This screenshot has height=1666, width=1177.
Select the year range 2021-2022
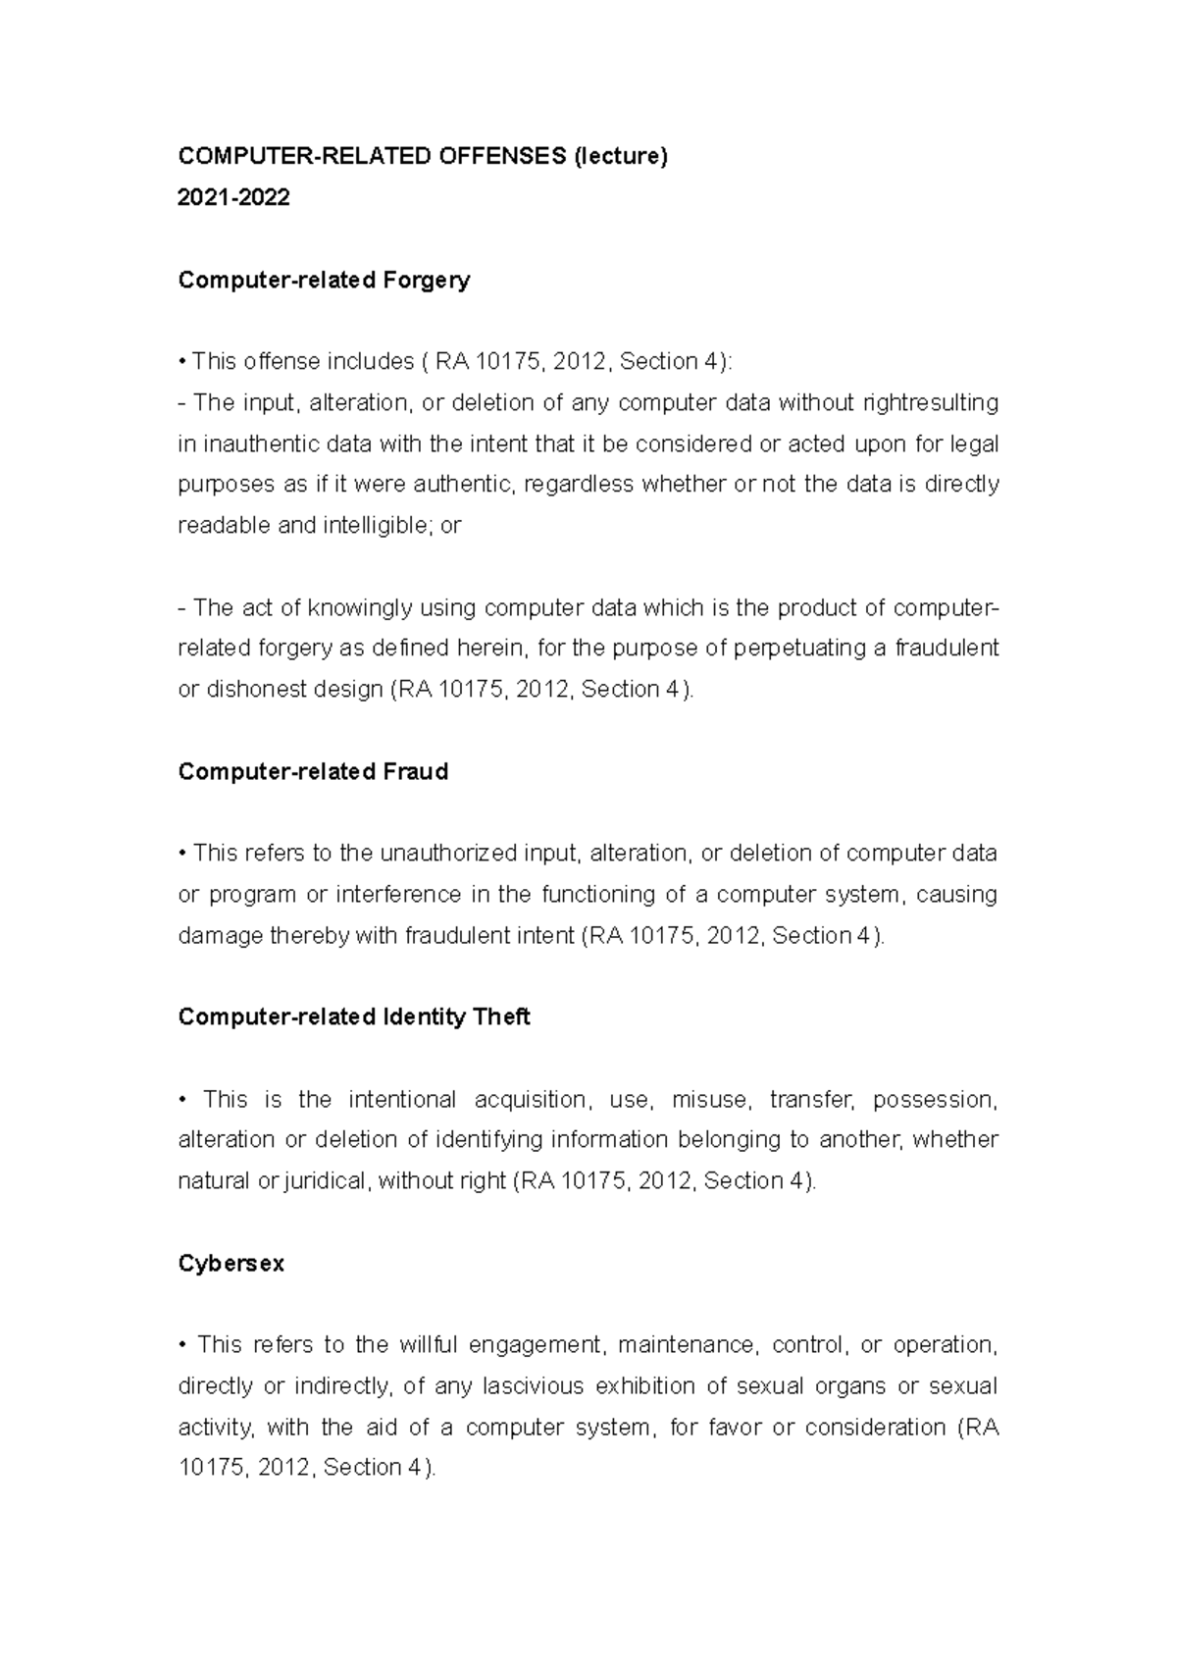(x=233, y=197)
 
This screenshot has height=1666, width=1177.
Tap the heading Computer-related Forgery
(x=324, y=280)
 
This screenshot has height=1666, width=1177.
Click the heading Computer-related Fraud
(x=313, y=771)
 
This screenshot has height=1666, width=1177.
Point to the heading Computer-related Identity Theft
(x=353, y=1016)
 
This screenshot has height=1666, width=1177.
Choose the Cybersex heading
(x=230, y=1263)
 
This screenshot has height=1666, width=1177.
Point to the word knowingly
(x=360, y=607)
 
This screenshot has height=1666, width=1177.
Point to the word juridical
(x=327, y=1180)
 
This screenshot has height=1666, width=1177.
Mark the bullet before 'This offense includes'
(x=182, y=362)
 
